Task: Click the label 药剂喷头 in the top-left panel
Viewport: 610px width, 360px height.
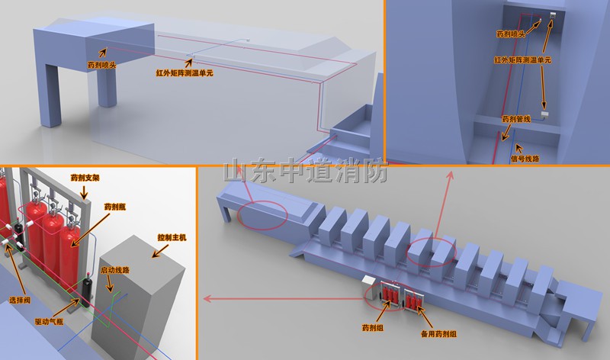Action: [x=102, y=65]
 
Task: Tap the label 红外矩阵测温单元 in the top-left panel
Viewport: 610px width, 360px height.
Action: [x=185, y=72]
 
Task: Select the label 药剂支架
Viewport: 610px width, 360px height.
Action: [x=85, y=178]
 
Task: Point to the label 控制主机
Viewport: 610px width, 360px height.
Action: [x=172, y=237]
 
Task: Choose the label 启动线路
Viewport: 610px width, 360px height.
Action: [x=115, y=270]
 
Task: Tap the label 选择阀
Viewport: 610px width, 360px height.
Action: [x=20, y=301]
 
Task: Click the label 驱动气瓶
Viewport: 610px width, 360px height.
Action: [x=49, y=321]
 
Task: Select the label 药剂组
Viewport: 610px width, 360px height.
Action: [x=373, y=328]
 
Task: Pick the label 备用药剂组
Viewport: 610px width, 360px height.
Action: [x=438, y=334]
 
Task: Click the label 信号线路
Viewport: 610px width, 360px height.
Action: [x=525, y=159]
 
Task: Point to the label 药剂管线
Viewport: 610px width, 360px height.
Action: [x=516, y=119]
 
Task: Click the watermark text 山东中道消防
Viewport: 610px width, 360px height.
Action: [x=306, y=170]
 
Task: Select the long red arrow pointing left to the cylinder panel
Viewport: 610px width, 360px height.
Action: [x=284, y=299]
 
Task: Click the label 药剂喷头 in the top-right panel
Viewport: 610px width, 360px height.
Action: [x=511, y=34]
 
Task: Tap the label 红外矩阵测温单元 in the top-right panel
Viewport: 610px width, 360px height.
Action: [x=522, y=60]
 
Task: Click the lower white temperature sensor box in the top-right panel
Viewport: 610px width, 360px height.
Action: [x=544, y=115]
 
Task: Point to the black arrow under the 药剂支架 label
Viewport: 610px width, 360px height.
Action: [x=84, y=191]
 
